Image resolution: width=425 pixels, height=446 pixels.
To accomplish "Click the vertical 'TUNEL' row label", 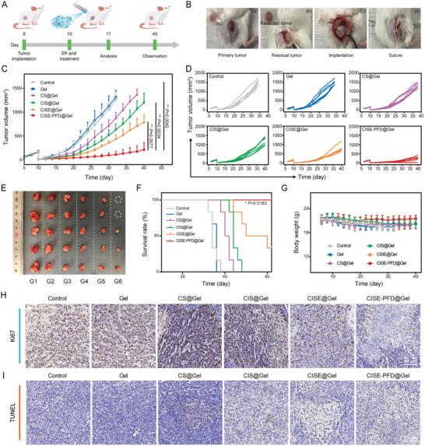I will [x=7, y=406].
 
